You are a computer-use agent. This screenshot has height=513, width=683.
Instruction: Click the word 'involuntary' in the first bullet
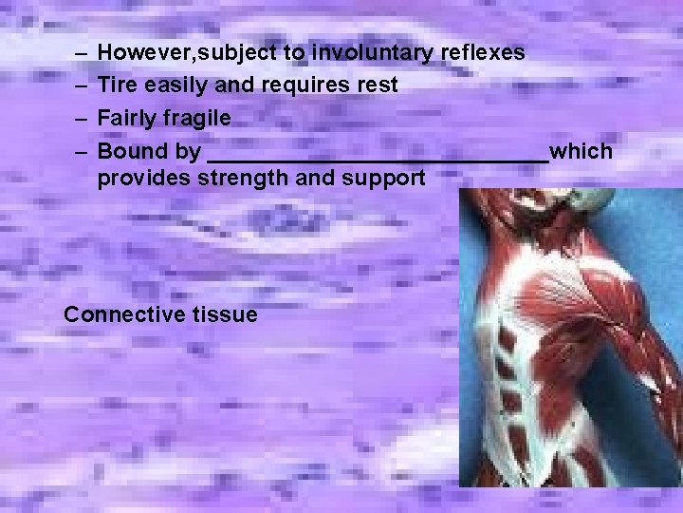tap(374, 52)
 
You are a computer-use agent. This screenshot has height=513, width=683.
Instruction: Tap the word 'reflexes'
tap(484, 52)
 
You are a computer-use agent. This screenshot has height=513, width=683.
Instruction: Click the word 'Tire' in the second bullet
tap(118, 85)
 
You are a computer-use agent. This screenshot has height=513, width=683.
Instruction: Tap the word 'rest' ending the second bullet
tap(375, 85)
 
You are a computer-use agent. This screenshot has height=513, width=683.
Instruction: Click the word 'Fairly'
tap(127, 119)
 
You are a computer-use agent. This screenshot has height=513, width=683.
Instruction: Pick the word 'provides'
tap(148, 178)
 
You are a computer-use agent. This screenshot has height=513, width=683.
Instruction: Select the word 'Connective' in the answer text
tap(120, 314)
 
